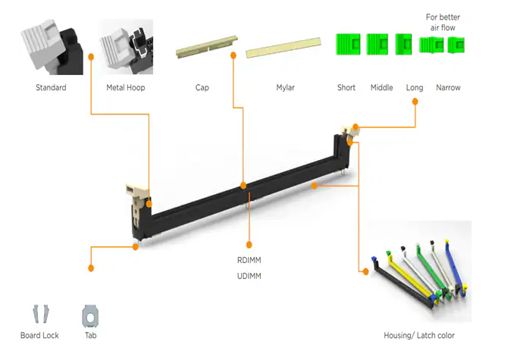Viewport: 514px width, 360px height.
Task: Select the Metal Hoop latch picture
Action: [126, 48]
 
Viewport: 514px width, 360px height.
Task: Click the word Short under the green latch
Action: [346, 88]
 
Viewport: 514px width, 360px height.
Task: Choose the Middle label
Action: [381, 88]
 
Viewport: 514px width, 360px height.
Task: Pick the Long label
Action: [415, 88]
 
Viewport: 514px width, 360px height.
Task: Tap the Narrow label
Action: [448, 88]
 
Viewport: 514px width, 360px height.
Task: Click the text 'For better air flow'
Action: [443, 23]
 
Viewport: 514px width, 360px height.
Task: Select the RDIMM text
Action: [249, 260]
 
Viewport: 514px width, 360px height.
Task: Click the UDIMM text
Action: [249, 276]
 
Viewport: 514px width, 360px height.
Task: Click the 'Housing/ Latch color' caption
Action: [419, 335]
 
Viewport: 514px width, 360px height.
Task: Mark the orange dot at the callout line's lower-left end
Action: [91, 268]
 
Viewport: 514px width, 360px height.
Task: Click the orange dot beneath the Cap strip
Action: [233, 55]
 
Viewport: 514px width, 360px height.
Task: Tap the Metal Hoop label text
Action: [126, 88]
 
